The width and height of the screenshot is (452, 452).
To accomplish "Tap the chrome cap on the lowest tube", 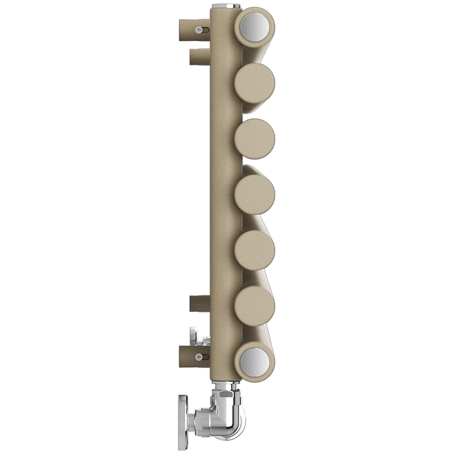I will pos(254,362).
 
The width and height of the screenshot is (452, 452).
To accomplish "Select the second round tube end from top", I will pos(254,83).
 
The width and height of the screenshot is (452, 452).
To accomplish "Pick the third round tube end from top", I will pos(254,139).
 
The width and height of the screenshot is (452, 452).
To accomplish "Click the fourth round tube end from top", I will pos(255,194).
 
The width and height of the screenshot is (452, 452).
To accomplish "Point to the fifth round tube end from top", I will pos(255,250).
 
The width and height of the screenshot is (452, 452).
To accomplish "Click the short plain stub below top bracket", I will pos(199,57).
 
